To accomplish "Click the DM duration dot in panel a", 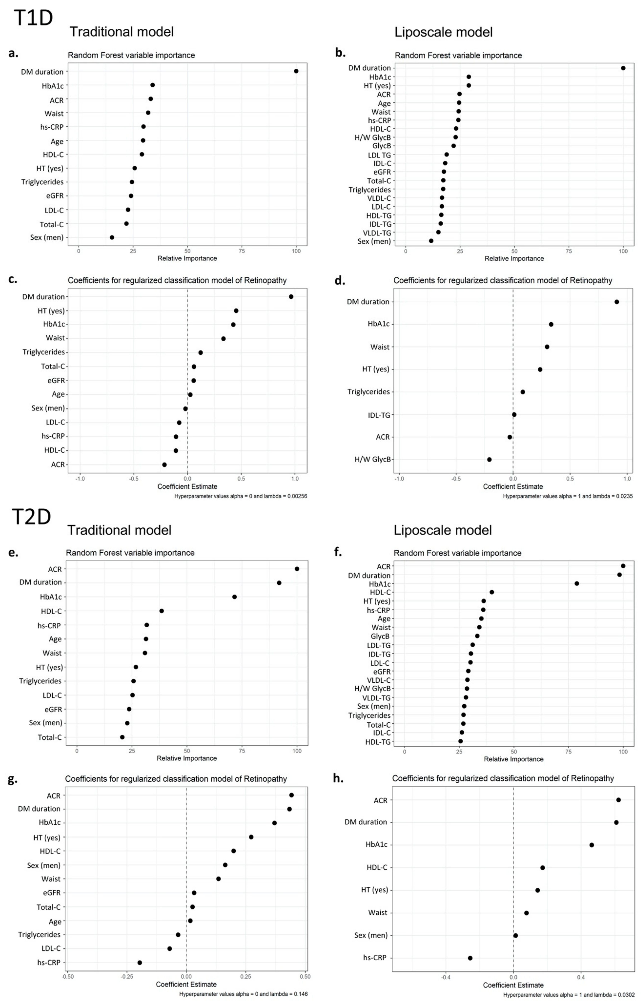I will (x=296, y=71).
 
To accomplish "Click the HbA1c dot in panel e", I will (x=235, y=597).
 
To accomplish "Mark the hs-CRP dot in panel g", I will (x=140, y=962).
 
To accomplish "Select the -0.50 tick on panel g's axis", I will (x=68, y=977).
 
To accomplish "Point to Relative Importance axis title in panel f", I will (x=513, y=759).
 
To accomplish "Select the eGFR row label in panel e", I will (x=53, y=709).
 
